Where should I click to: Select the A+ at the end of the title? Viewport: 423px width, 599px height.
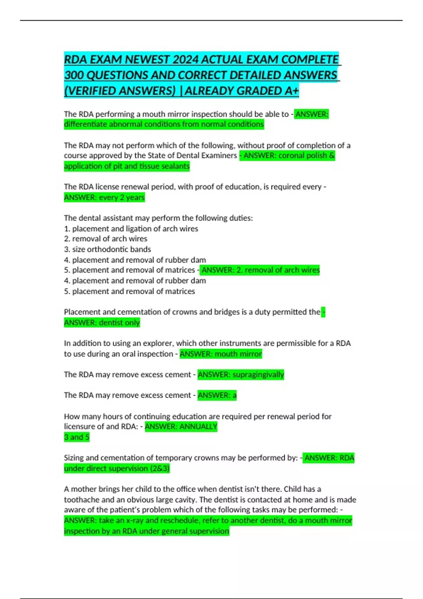[x=292, y=91]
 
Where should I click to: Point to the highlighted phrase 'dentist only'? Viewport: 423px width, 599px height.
[x=119, y=322]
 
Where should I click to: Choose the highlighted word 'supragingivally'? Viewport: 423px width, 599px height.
[x=258, y=375]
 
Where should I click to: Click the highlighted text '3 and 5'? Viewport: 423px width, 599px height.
[x=76, y=437]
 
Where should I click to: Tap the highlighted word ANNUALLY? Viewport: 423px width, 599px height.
[x=198, y=426]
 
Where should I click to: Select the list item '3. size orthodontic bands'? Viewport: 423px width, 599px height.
[x=108, y=249]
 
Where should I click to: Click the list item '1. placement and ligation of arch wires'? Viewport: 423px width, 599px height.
[x=131, y=229]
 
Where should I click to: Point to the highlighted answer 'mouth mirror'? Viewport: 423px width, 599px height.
[x=238, y=354]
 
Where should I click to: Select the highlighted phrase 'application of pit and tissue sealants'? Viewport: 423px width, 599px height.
[x=127, y=166]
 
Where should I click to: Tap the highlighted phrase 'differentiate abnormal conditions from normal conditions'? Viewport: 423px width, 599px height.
[x=164, y=124]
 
